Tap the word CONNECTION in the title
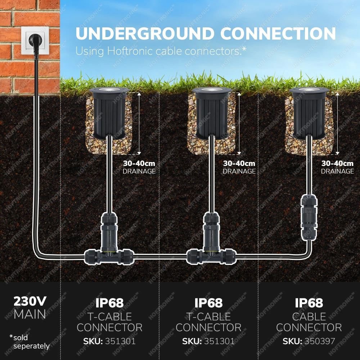coord(278,33)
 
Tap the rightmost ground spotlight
coord(309,113)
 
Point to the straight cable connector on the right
coord(309,217)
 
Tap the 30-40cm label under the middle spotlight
coord(239,163)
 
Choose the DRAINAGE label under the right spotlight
coord(337,171)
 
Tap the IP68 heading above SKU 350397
coord(309,303)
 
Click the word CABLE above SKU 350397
coord(309,317)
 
